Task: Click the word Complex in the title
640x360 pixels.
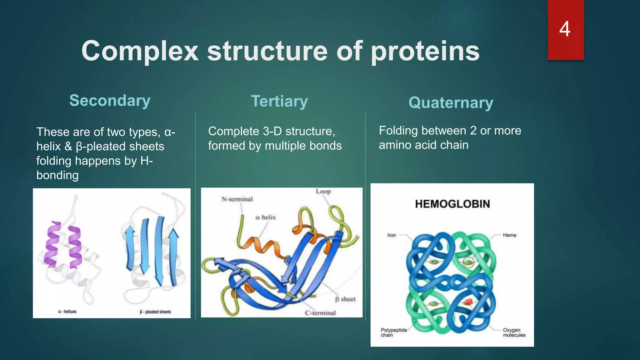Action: click(140, 52)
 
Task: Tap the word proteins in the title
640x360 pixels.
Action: click(425, 52)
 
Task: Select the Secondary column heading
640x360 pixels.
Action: click(110, 101)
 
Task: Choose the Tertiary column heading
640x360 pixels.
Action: click(279, 101)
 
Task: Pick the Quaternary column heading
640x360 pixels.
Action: click(451, 103)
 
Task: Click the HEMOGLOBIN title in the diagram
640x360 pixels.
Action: click(452, 204)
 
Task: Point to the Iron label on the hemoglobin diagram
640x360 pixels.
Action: click(392, 235)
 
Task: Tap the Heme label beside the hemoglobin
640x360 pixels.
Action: click(509, 235)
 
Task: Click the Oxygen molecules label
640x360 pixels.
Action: click(514, 332)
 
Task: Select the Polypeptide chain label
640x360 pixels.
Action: click(393, 332)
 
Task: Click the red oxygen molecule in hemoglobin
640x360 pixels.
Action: click(467, 302)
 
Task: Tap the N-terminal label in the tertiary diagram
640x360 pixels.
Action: click(237, 199)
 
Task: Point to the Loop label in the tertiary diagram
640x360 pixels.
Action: click(323, 191)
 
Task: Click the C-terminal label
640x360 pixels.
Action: click(320, 313)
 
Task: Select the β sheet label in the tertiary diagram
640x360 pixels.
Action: click(345, 299)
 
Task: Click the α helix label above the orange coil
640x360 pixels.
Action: click(266, 217)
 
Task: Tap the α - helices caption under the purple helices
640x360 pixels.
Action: click(67, 312)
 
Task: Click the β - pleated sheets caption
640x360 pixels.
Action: click(155, 312)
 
